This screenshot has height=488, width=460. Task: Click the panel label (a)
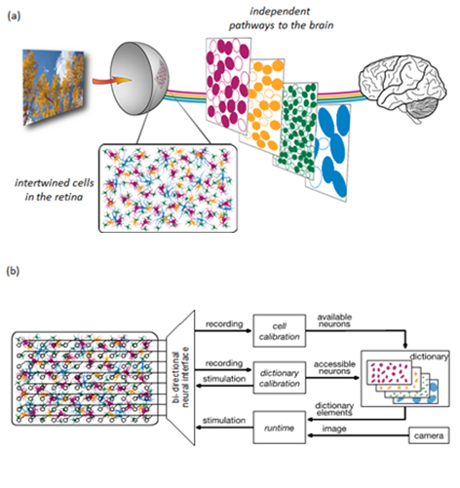[x=14, y=16]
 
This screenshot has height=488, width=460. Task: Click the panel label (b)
[x=13, y=271]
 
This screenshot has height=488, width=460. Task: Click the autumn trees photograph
[x=54, y=87]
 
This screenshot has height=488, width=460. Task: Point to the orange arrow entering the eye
[x=111, y=80]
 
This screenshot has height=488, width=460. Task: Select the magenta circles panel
[x=228, y=86]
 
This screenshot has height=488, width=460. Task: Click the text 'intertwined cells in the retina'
[x=55, y=190]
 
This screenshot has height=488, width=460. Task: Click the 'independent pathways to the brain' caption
[x=281, y=19]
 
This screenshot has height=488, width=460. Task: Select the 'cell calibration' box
[x=280, y=331]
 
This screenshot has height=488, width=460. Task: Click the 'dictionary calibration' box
[x=280, y=378]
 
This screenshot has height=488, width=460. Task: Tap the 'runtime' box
[x=280, y=428]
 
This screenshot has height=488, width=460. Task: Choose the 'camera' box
[x=429, y=435]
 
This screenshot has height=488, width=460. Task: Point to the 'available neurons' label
[x=334, y=320]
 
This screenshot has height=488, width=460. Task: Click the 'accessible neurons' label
[x=334, y=367]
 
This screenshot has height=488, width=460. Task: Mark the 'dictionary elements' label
[x=334, y=409]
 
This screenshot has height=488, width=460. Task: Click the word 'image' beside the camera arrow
[x=334, y=429]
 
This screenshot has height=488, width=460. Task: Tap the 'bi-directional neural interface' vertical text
[x=180, y=377]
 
